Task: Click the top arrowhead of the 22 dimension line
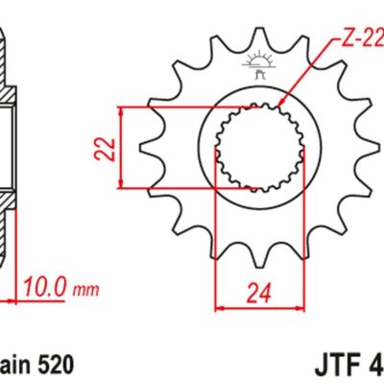click(x=124, y=108)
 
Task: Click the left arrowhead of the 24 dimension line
click(x=216, y=308)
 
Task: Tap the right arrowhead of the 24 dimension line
click(x=299, y=308)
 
